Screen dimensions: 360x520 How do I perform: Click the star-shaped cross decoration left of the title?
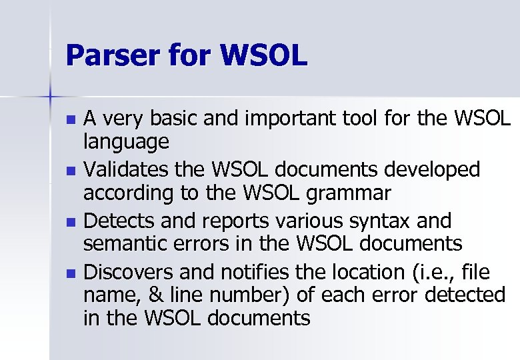coord(50,98)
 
